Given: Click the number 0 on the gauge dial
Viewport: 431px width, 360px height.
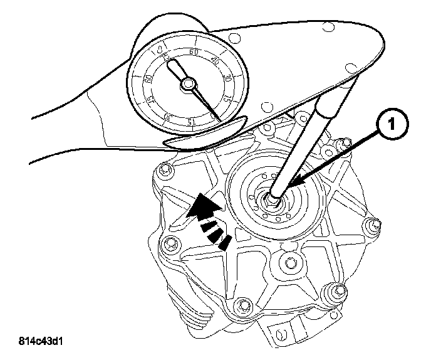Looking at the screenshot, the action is tap(160, 48).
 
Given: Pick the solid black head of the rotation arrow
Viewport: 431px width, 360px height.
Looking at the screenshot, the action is tap(202, 207).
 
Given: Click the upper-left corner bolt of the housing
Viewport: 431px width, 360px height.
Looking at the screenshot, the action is tap(165, 169).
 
